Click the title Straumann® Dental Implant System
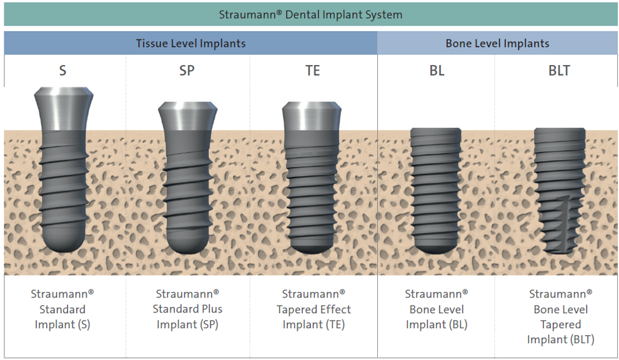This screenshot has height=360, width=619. click(310, 14)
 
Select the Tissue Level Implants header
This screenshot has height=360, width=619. click(191, 43)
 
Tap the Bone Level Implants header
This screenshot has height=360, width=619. click(497, 43)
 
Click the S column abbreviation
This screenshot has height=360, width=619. click(62, 71)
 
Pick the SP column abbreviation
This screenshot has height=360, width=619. click(187, 71)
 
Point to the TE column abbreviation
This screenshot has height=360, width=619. click(312, 71)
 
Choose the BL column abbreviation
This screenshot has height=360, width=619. click(437, 71)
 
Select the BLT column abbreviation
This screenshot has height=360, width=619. click(559, 71)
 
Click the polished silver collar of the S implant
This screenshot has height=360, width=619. click(64, 109)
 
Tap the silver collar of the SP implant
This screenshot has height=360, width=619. click(187, 116)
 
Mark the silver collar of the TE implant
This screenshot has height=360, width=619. click(312, 116)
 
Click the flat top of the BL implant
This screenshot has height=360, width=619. click(436, 131)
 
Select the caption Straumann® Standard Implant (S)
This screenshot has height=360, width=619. click(62, 309)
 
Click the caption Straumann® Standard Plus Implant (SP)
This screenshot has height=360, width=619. click(187, 309)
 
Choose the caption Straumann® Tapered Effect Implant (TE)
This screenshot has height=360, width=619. click(314, 309)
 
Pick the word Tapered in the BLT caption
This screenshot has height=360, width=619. click(560, 324)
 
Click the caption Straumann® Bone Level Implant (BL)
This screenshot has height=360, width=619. click(437, 309)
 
